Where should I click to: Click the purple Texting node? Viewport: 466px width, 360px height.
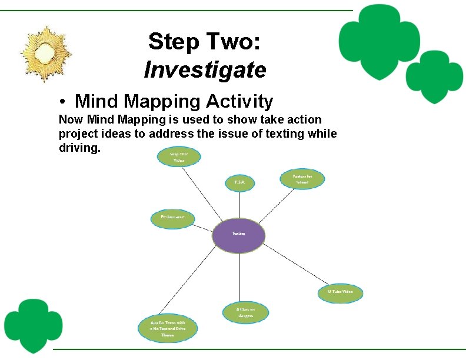click(x=238, y=235)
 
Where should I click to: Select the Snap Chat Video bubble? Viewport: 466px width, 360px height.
click(x=179, y=157)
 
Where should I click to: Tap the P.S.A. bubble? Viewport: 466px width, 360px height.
click(x=239, y=183)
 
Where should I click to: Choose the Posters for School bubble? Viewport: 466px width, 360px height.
click(x=302, y=179)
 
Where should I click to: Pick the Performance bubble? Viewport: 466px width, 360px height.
click(x=172, y=218)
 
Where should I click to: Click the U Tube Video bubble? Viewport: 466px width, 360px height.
click(x=340, y=292)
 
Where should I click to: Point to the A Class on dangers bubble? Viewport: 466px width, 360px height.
click(x=245, y=312)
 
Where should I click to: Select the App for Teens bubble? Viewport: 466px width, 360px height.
click(x=167, y=328)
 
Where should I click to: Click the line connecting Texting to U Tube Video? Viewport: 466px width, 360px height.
click(x=294, y=265)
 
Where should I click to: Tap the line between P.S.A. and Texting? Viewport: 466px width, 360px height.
click(x=239, y=204)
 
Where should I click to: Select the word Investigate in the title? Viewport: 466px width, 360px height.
click(x=205, y=70)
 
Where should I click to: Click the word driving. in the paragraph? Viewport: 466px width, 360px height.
click(x=79, y=147)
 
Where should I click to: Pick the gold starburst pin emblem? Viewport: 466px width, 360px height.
click(x=46, y=54)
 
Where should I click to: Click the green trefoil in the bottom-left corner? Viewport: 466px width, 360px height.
click(x=33, y=323)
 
